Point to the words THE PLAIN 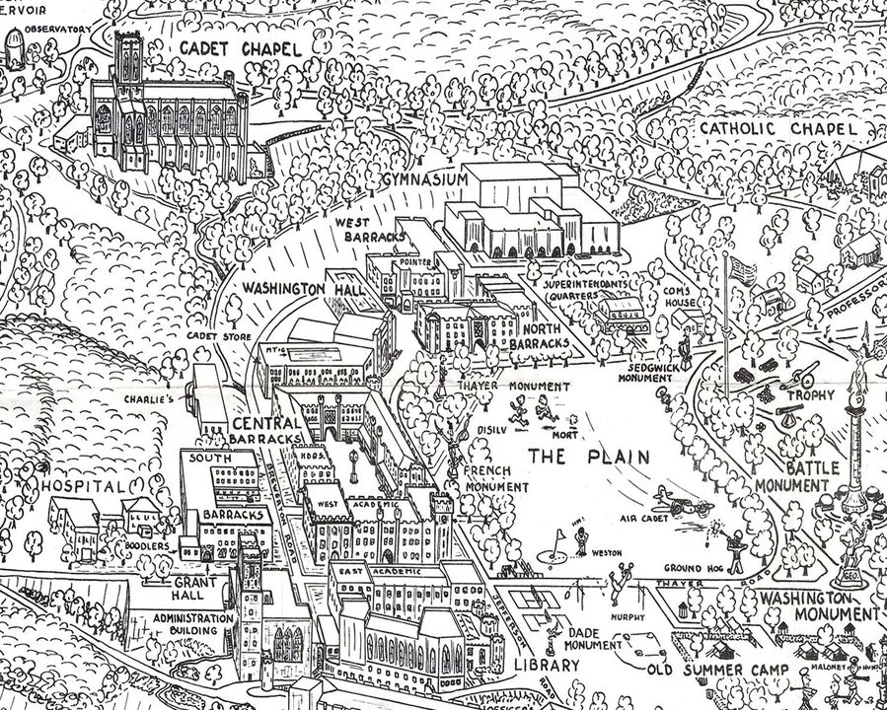pyautogui.click(x=588, y=456)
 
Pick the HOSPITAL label pyautogui.click(x=83, y=486)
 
